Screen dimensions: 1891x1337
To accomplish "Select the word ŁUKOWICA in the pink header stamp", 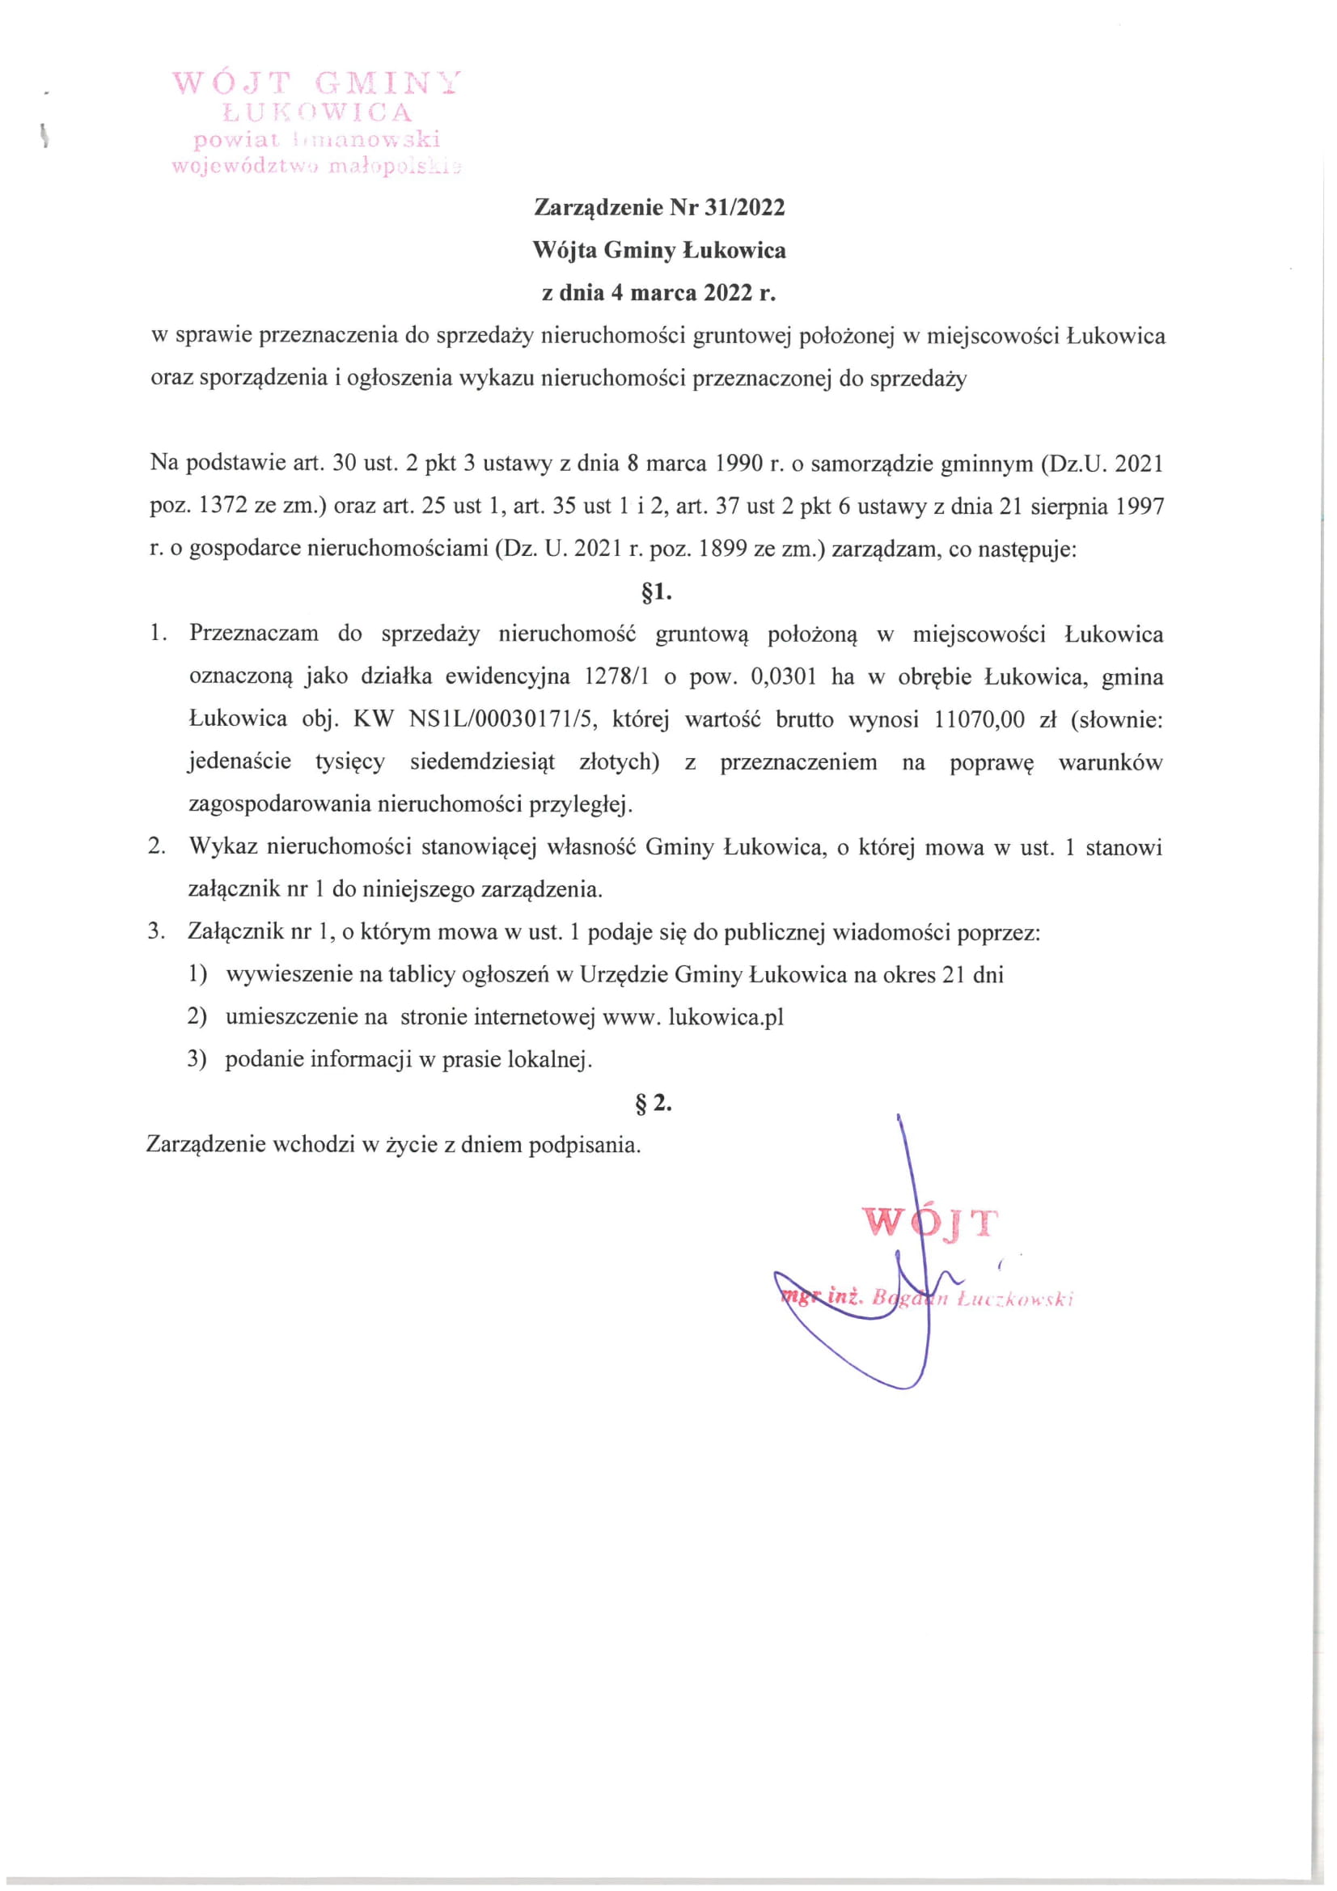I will tap(317, 112).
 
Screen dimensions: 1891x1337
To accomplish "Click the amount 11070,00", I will tap(979, 720).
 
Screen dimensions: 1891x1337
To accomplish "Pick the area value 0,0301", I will tap(784, 677).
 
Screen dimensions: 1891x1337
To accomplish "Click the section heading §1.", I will tap(656, 592).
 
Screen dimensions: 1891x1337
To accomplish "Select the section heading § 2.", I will tap(654, 1104).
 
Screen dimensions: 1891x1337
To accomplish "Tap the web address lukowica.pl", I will tap(726, 1017).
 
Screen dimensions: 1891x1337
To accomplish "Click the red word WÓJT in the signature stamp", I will tap(930, 1222).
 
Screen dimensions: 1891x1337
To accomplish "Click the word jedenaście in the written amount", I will tap(239, 762).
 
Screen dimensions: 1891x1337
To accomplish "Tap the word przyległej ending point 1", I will tap(586, 804).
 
